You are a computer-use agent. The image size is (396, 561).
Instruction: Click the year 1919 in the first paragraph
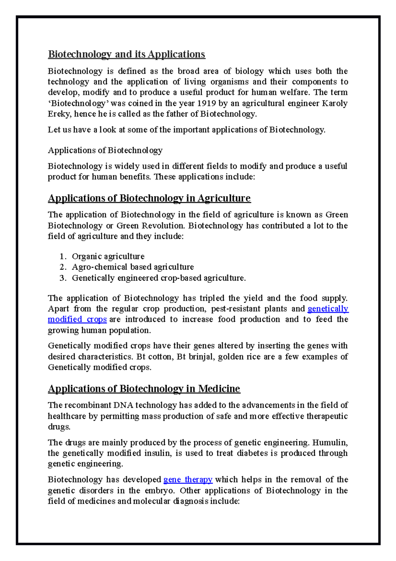(x=207, y=103)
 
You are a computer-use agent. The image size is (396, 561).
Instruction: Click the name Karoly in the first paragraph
(x=335, y=103)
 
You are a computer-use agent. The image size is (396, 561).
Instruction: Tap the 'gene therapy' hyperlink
(x=188, y=479)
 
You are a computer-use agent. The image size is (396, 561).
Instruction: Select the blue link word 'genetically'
(x=328, y=309)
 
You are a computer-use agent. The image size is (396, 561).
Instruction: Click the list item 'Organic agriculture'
(x=108, y=256)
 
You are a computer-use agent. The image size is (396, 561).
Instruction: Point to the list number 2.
(x=63, y=267)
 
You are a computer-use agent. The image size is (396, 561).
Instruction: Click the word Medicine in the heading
(x=219, y=389)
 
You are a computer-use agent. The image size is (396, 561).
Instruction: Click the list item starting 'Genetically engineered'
(x=158, y=278)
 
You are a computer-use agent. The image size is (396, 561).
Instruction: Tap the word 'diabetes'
(x=252, y=453)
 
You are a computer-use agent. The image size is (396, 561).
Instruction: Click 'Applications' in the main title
(x=176, y=54)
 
